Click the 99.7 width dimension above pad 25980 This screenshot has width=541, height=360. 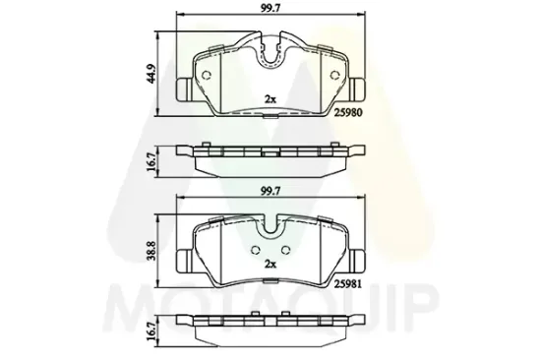click(270, 9)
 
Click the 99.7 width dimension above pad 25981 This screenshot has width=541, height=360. click(270, 191)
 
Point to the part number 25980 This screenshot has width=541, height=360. click(348, 113)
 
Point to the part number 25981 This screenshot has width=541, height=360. click(348, 284)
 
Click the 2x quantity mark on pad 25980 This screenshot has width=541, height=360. click(270, 99)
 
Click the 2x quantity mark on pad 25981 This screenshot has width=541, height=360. click(270, 265)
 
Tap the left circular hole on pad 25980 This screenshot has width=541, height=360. click(206, 75)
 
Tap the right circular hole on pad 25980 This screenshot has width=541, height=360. click(334, 75)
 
